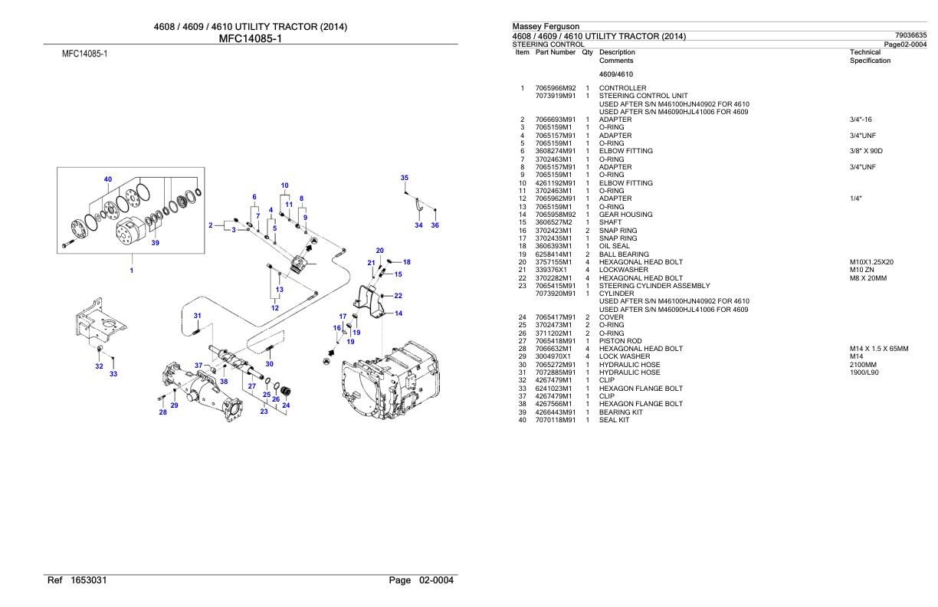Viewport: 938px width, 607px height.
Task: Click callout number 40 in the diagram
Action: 107,179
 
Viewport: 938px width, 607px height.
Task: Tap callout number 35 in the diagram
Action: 404,178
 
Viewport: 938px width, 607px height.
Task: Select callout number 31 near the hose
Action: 197,316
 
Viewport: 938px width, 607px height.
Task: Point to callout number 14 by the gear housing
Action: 398,313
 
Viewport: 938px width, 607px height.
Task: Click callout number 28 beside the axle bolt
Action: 163,412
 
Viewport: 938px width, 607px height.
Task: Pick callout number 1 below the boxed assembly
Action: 132,271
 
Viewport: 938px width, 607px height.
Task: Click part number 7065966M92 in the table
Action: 556,88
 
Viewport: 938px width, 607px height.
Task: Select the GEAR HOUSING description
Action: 625,215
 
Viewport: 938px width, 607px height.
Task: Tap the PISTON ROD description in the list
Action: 620,341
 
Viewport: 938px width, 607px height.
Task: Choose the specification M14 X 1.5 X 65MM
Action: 879,349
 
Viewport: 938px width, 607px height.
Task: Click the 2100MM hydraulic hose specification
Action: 863,365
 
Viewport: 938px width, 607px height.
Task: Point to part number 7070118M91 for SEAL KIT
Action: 556,420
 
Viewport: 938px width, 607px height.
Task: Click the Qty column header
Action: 587,52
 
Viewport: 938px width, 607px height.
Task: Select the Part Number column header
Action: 556,52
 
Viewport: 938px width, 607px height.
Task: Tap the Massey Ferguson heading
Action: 546,26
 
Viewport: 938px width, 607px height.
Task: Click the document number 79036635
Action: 910,35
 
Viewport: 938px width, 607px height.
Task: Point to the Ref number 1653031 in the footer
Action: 89,580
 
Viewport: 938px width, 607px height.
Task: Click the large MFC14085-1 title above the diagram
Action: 251,38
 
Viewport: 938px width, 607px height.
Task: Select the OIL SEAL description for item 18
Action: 614,246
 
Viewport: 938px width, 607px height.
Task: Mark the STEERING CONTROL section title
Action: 548,44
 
